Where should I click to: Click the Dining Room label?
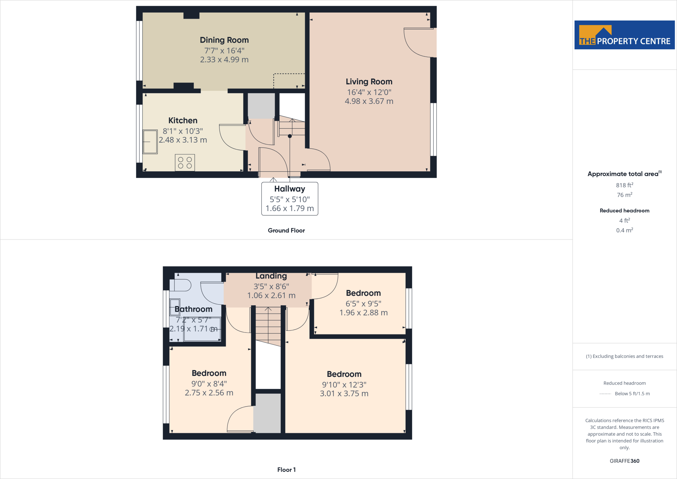[x=224, y=40]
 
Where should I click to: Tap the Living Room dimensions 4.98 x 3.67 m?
[x=369, y=101]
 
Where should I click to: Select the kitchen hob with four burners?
[x=185, y=162]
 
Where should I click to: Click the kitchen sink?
[x=150, y=142]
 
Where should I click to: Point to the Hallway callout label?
[x=290, y=189]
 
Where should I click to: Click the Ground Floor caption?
[x=286, y=231]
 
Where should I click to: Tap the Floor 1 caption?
[x=286, y=470]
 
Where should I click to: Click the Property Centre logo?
[x=624, y=35]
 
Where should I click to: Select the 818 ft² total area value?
[x=624, y=185]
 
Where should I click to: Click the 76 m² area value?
[x=624, y=195]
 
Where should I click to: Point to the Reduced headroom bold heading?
[x=624, y=211]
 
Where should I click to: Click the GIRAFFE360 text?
[x=624, y=461]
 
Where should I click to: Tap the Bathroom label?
[x=193, y=309]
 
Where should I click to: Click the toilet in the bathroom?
[x=180, y=285]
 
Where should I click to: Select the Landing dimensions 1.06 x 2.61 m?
[x=271, y=295]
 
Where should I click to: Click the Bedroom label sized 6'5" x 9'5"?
[x=363, y=293]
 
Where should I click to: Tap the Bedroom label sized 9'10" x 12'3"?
[x=344, y=374]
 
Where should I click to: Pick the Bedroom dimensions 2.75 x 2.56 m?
[x=209, y=393]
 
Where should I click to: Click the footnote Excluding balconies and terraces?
[x=624, y=356]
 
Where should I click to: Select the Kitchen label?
[x=183, y=120]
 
